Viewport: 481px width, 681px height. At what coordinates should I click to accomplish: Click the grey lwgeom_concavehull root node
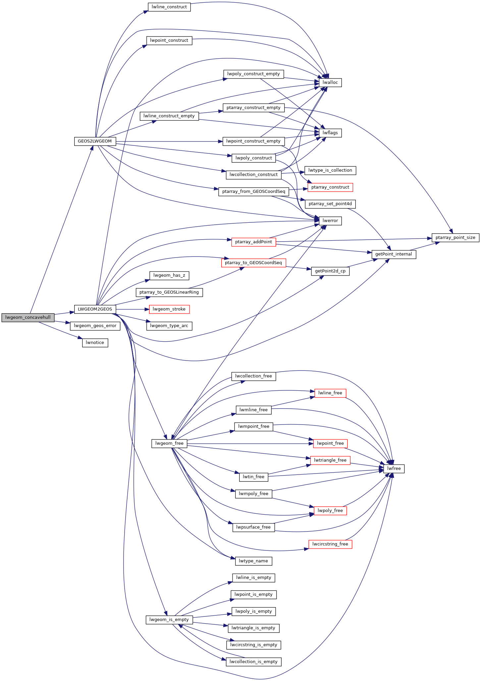point(28,317)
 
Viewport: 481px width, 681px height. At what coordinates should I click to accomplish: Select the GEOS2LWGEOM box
point(95,141)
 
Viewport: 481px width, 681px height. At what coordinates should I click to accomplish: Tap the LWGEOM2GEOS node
point(95,309)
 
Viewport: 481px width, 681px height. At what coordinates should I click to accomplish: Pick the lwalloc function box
point(330,83)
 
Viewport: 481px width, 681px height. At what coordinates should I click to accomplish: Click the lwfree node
point(394,469)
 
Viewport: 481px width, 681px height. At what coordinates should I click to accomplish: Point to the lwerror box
point(330,221)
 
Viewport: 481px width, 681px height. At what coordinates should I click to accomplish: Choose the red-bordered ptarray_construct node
point(330,187)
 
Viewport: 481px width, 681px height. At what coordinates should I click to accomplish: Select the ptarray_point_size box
point(455,238)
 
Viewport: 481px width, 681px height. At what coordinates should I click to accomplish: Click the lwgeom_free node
point(169,443)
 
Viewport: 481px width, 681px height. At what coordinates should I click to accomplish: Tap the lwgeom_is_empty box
point(169,620)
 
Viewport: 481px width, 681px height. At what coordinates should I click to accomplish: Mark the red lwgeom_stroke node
point(169,309)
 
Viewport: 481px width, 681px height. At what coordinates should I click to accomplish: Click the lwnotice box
point(95,343)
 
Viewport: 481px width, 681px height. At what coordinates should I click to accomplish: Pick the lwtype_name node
point(253,561)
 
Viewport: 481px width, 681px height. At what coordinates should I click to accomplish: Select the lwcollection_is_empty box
point(253,662)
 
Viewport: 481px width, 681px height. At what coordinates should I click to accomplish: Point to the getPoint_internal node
point(394,254)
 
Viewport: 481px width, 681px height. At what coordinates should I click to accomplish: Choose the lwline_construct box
point(169,7)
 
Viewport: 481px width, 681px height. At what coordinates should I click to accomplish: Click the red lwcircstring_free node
point(330,544)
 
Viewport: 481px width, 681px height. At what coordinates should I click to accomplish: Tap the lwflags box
point(330,133)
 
